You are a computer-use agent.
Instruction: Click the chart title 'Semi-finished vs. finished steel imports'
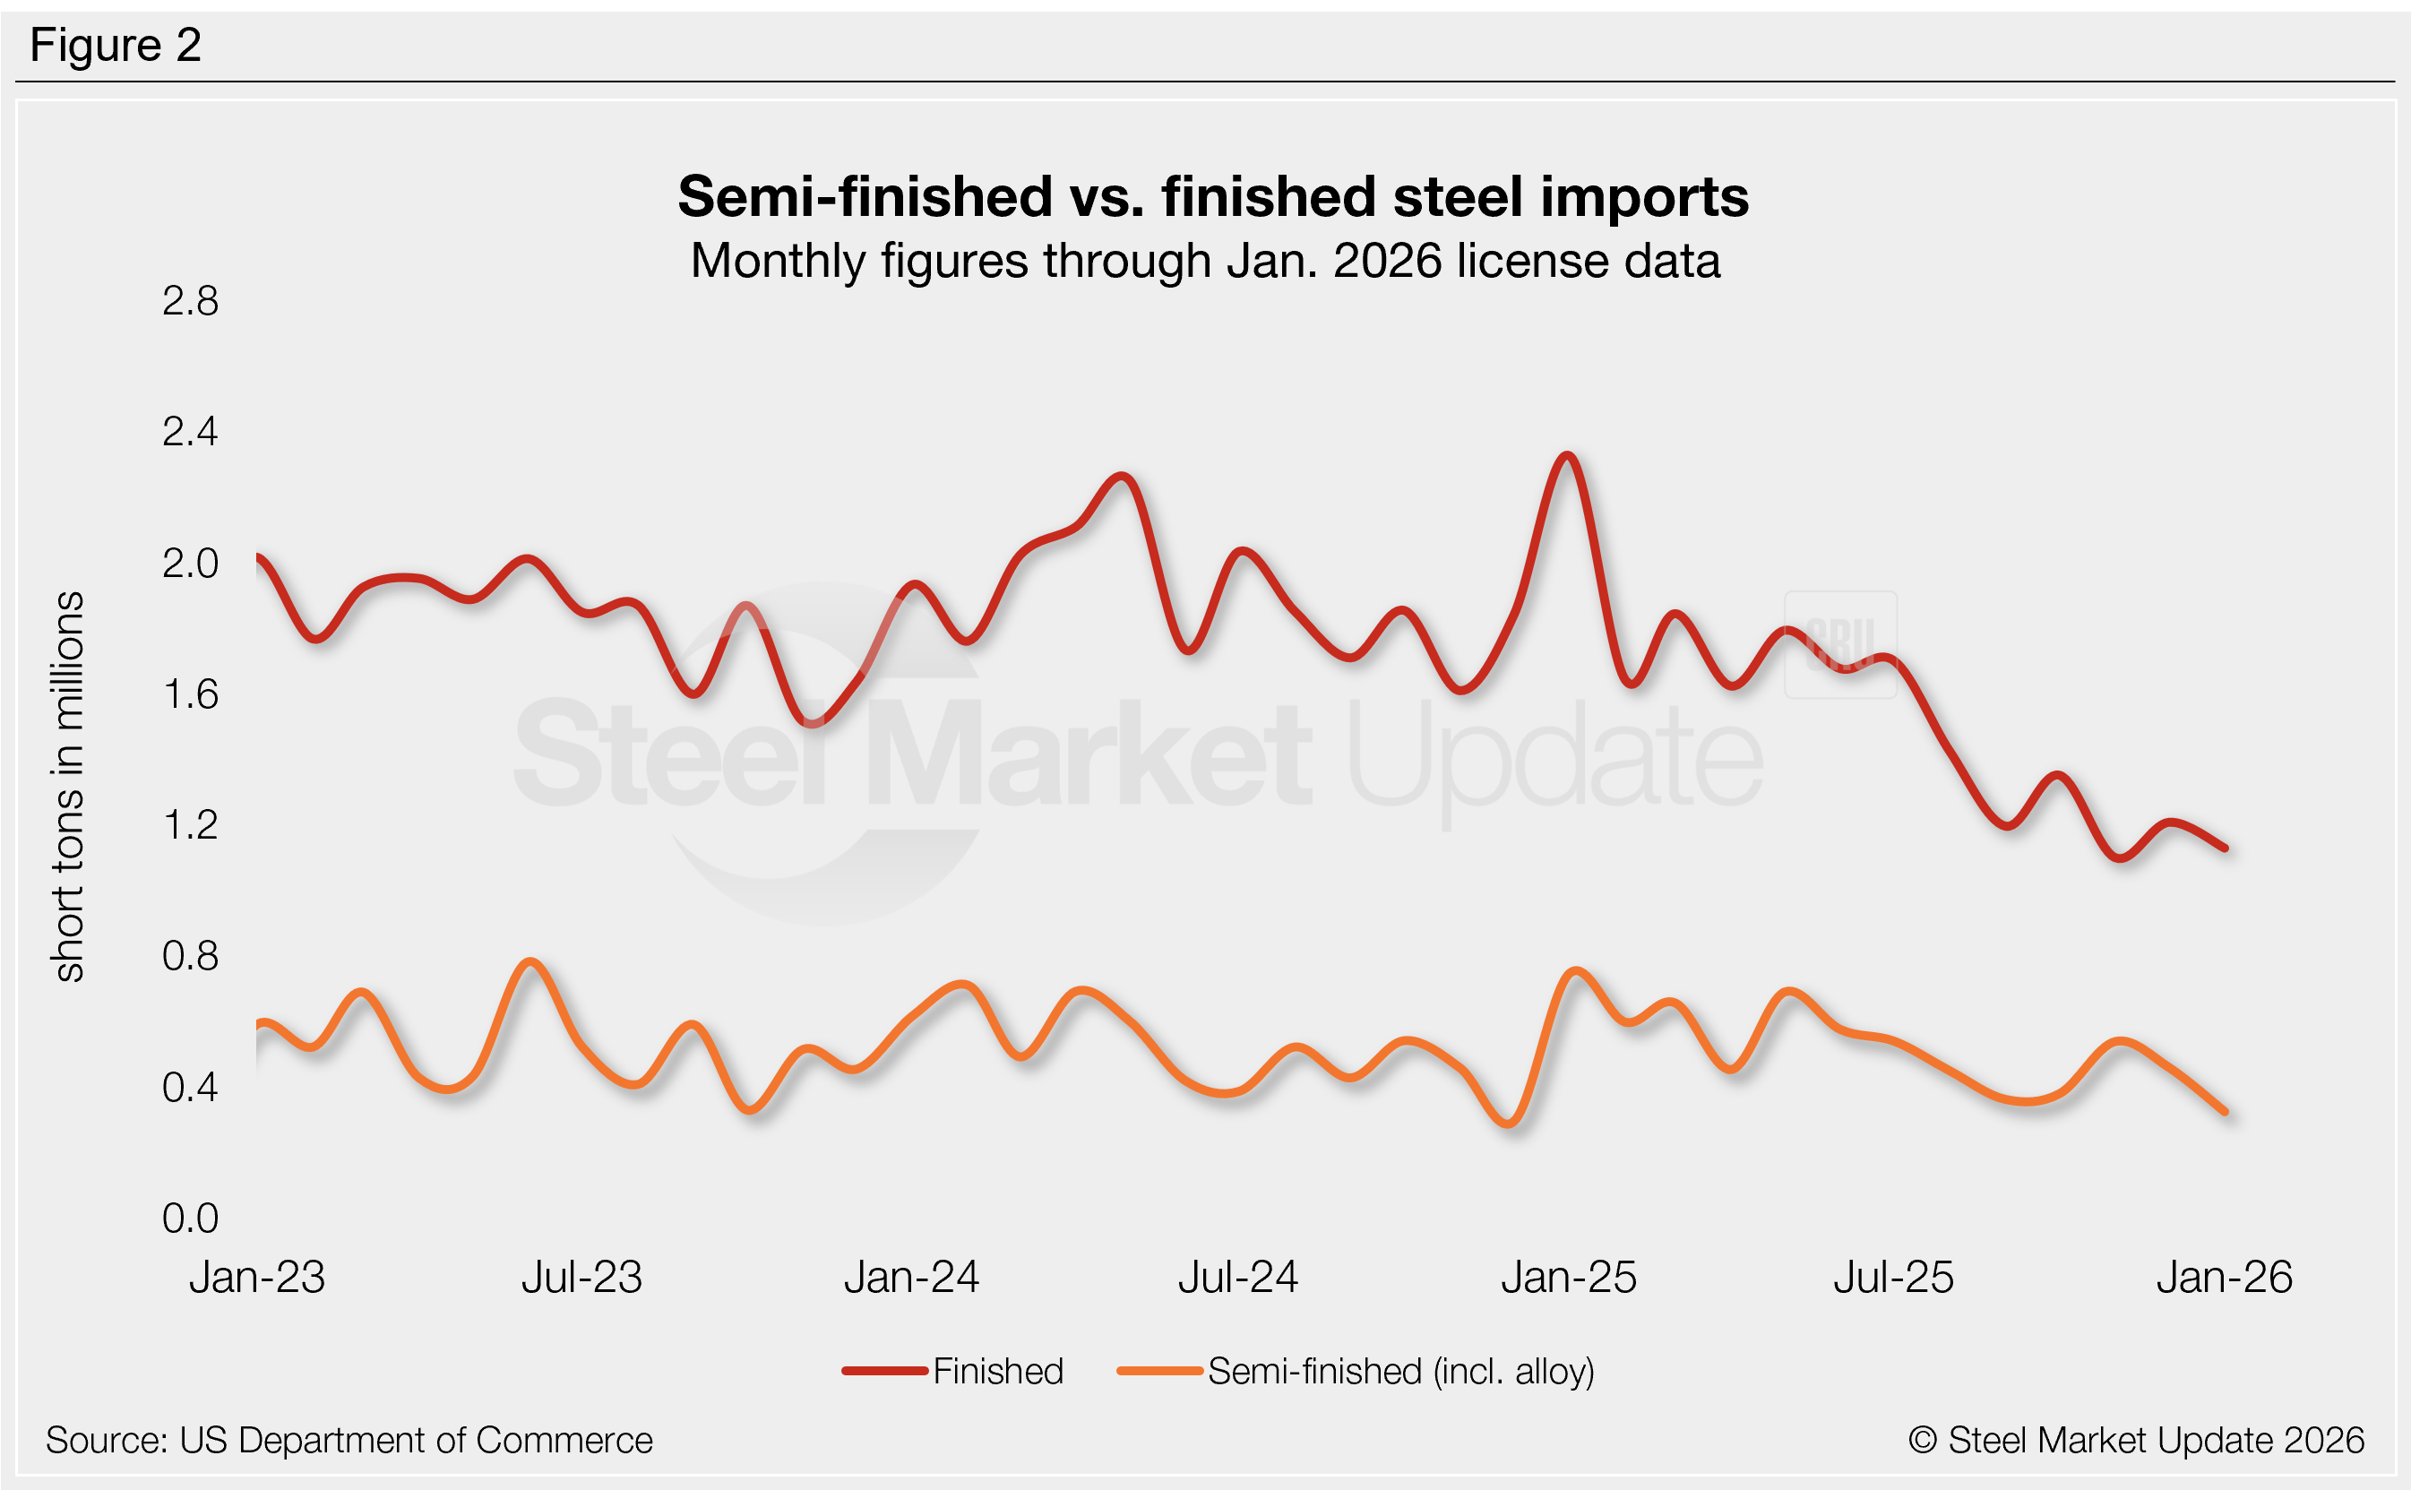tap(1212, 196)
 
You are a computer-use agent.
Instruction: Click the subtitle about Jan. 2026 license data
tap(1205, 261)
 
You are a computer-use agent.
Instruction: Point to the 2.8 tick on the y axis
tap(190, 300)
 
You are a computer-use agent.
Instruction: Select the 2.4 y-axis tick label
tap(190, 432)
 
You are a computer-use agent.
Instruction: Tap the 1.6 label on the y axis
tap(190, 694)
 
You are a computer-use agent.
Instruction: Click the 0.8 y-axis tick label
tap(190, 956)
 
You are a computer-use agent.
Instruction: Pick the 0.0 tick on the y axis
tap(190, 1218)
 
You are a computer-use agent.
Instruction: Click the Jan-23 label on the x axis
tap(257, 1277)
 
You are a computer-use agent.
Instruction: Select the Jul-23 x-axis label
tap(581, 1277)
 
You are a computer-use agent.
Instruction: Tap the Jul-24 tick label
tap(1237, 1277)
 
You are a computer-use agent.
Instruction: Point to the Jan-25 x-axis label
tap(1569, 1277)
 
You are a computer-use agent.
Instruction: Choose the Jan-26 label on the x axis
tap(2224, 1277)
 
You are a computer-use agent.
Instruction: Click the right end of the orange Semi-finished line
tap(2225, 1112)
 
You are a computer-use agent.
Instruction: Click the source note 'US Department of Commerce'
tap(349, 1440)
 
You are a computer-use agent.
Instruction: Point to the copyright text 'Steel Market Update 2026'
tap(2136, 1440)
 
